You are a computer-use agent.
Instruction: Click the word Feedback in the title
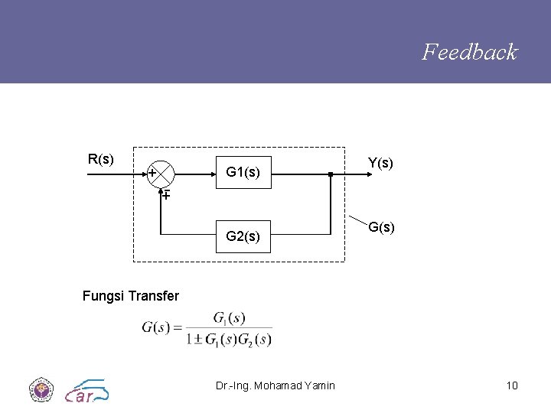[x=470, y=52]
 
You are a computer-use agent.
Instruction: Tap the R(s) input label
[x=101, y=159]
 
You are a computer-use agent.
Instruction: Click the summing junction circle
[x=161, y=174]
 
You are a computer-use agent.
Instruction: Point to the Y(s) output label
[x=380, y=163]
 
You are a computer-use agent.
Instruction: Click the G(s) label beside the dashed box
[x=381, y=227]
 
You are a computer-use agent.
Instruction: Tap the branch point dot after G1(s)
[x=329, y=175]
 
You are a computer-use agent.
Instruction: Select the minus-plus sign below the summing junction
[x=165, y=196]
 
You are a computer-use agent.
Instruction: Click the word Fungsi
[x=104, y=295]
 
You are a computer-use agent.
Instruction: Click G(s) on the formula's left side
[x=157, y=328]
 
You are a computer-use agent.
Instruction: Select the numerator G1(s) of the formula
[x=229, y=317]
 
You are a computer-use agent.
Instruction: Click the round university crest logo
[x=41, y=389]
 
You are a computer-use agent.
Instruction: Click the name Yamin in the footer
[x=318, y=385]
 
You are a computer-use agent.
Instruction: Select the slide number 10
[x=512, y=385]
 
